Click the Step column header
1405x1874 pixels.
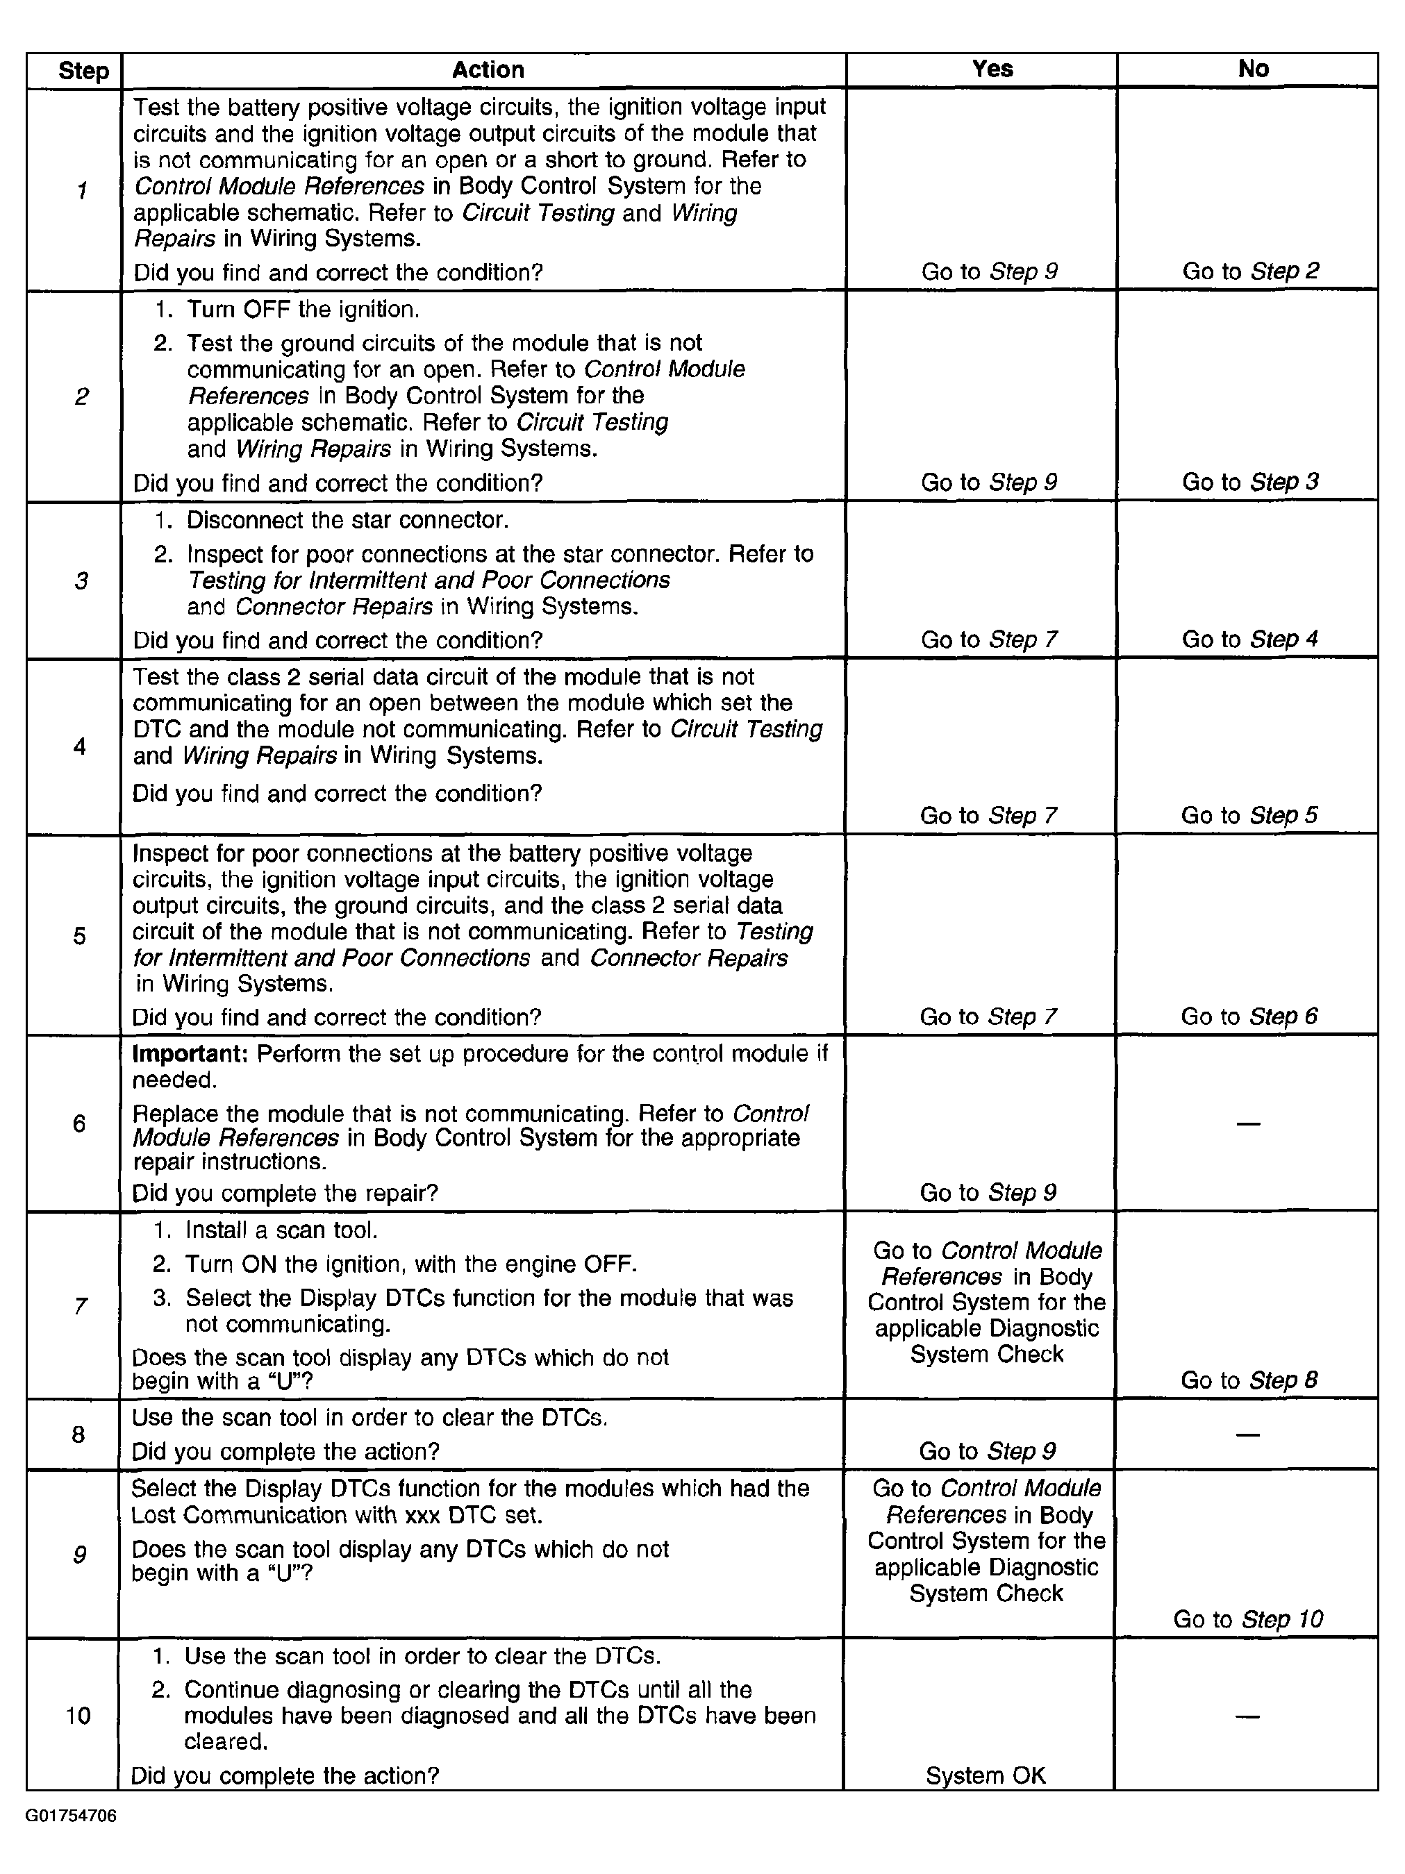[83, 71]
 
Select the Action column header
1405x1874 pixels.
[488, 69]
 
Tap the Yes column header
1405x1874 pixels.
[992, 69]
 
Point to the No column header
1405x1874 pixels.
[1252, 69]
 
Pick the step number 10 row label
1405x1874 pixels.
[78, 1716]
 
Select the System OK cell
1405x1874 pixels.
[985, 1775]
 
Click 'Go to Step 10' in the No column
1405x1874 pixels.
[1247, 1619]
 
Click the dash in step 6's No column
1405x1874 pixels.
[1247, 1124]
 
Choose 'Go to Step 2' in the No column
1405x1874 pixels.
[1250, 271]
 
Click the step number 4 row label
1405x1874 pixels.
[80, 746]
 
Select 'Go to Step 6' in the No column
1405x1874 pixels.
[1248, 1016]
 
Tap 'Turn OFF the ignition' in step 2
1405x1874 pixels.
[303, 309]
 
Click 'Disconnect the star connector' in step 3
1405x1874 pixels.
[347, 519]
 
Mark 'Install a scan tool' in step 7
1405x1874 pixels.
[281, 1230]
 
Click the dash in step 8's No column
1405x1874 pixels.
[1247, 1434]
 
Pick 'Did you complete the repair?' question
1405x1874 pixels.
[285, 1193]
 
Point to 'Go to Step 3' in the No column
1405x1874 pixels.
[1250, 482]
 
